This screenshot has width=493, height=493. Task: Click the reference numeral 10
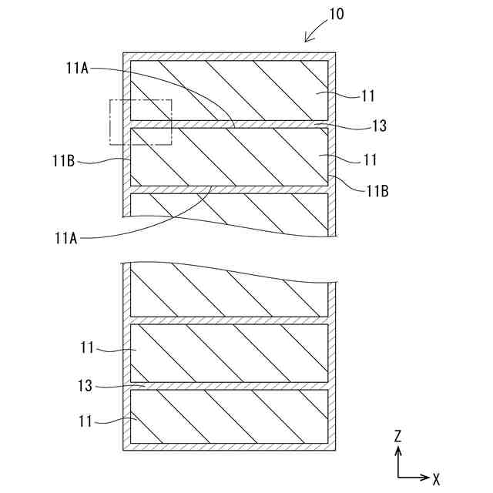[336, 14]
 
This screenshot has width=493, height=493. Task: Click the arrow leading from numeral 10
[314, 32]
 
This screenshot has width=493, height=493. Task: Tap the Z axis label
[397, 436]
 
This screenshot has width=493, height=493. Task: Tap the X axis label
[436, 478]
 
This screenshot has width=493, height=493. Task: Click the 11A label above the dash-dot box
[77, 69]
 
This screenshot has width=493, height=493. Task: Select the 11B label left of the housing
[64, 160]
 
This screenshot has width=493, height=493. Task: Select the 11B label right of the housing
[377, 190]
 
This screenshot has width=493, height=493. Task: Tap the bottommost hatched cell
[230, 416]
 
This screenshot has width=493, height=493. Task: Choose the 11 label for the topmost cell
[369, 96]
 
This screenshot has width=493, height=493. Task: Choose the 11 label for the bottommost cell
[86, 421]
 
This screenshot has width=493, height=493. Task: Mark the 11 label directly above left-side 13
[86, 348]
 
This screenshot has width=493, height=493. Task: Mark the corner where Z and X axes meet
[397, 478]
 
